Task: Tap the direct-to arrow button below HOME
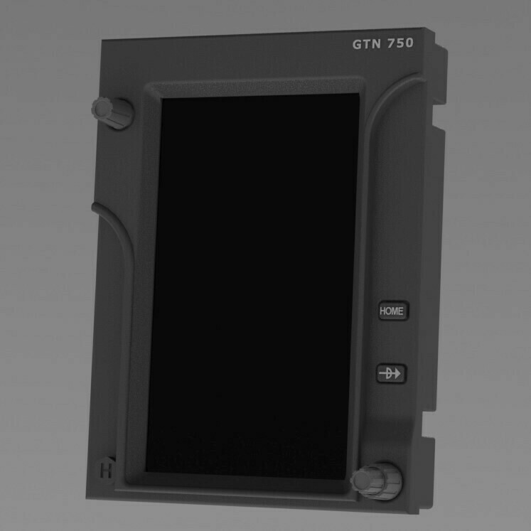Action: coord(391,373)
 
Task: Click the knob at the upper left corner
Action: coord(112,112)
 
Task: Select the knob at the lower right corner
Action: coord(377,481)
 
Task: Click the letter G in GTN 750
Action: coord(358,44)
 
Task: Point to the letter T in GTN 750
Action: coord(367,44)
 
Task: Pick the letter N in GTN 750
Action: coord(377,43)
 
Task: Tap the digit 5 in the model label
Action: coord(400,43)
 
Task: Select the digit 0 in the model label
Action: coord(409,43)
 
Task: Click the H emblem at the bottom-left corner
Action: coord(106,471)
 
